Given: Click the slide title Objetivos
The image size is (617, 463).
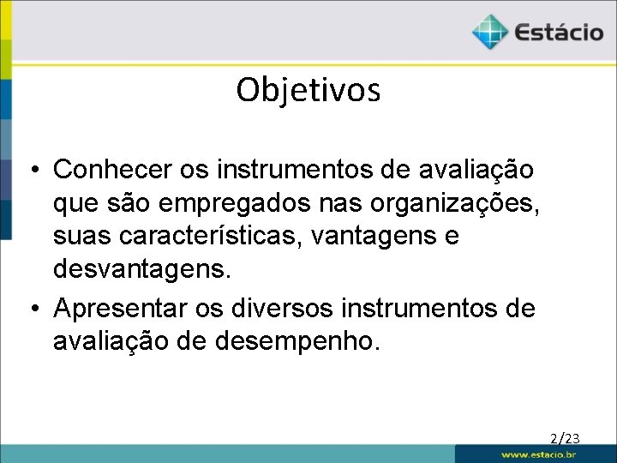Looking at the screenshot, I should (308, 89).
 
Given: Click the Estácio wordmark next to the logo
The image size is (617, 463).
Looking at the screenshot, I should (559, 33).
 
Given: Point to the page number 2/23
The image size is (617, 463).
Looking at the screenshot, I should (566, 439).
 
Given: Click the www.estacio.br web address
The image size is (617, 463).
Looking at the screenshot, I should (538, 454).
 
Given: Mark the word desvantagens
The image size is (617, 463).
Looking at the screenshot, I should (141, 269).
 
